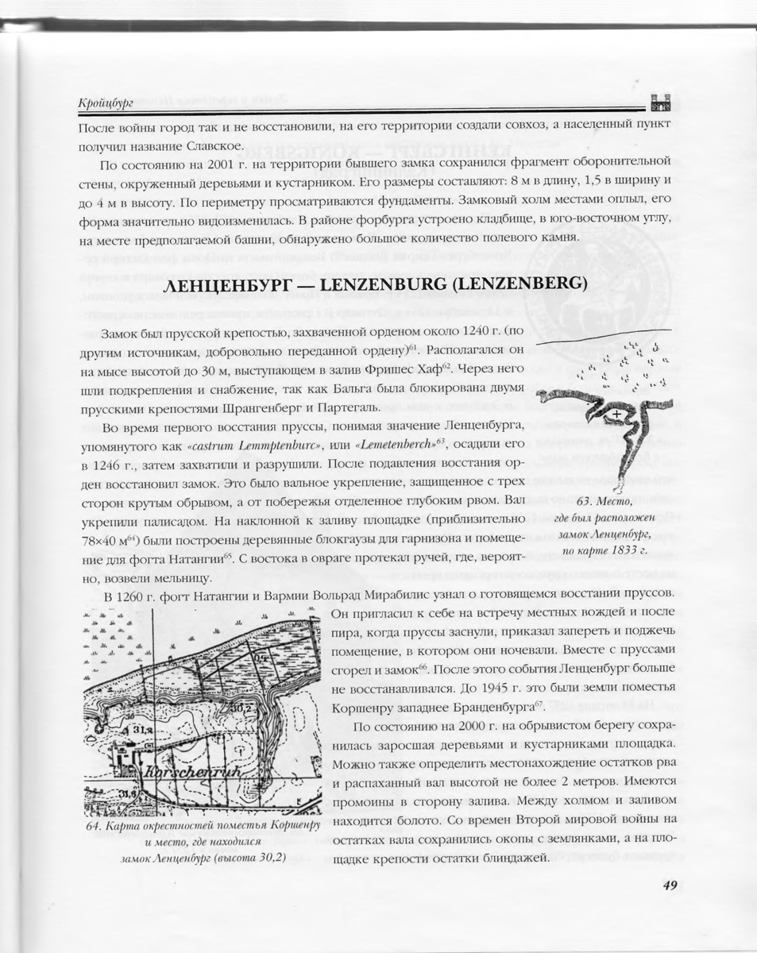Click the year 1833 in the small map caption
click(x=619, y=548)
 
